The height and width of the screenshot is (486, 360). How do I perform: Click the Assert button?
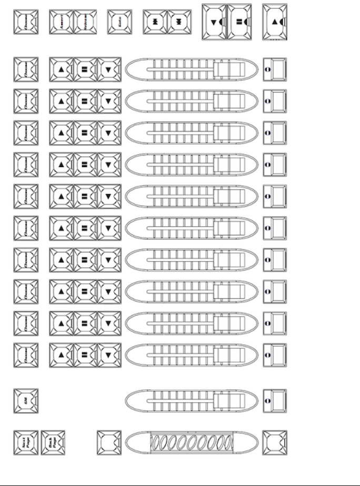pyautogui.click(x=61, y=22)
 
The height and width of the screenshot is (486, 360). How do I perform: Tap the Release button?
pyautogui.click(x=85, y=22)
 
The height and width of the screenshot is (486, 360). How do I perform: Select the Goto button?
pyautogui.click(x=119, y=22)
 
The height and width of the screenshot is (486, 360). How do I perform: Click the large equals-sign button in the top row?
pyautogui.click(x=239, y=22)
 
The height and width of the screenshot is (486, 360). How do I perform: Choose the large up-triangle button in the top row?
pyautogui.click(x=275, y=22)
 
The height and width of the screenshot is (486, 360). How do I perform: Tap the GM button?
pyautogui.click(x=26, y=400)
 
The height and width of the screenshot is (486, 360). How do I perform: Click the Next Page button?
pyautogui.click(x=26, y=442)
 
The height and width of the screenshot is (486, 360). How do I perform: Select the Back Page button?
pyautogui.click(x=53, y=442)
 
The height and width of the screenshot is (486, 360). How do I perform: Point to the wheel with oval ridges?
pyautogui.click(x=192, y=442)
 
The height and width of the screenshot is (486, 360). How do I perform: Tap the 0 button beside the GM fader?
pyautogui.click(x=275, y=400)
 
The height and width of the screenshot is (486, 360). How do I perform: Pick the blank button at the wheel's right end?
pyautogui.click(x=275, y=442)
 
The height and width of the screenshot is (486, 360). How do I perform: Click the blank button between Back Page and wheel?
pyautogui.click(x=109, y=442)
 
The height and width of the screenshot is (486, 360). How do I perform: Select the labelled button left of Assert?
pyautogui.click(x=26, y=22)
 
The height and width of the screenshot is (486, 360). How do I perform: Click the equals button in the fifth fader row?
pyautogui.click(x=85, y=196)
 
